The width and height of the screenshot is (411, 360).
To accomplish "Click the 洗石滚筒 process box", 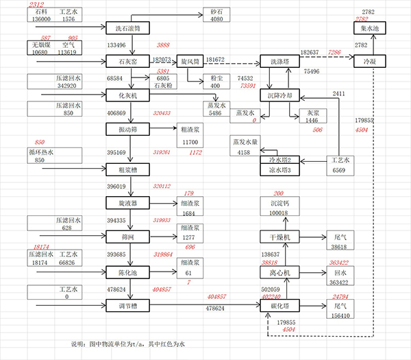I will (128, 28).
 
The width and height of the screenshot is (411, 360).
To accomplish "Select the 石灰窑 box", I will (128, 62).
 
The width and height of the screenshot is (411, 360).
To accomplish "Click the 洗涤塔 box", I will (281, 62).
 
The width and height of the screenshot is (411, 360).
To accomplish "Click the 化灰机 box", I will (128, 96).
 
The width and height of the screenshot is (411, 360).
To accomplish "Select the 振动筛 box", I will (128, 130).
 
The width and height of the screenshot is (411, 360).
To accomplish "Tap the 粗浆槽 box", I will (128, 169).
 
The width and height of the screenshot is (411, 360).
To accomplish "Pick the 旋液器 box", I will (128, 203).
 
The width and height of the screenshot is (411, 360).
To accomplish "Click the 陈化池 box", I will (128, 273).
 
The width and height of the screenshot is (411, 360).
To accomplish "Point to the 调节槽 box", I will (128, 307).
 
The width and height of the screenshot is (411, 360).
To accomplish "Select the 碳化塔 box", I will (281, 307).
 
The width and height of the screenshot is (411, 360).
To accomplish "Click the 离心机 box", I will (281, 272).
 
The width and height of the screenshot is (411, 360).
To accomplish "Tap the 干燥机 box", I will (281, 237).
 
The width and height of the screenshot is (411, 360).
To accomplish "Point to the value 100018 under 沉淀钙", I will (280, 214).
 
